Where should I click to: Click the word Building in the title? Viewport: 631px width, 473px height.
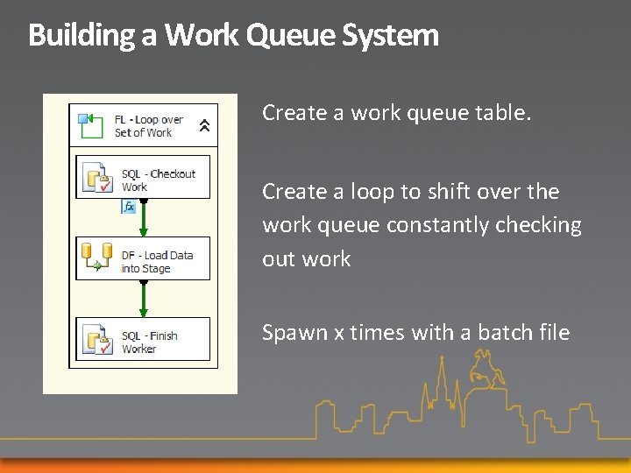pyautogui.click(x=82, y=36)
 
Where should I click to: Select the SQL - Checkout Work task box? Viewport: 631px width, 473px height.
pyautogui.click(x=143, y=178)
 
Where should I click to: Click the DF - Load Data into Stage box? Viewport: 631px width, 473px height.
pyautogui.click(x=143, y=259)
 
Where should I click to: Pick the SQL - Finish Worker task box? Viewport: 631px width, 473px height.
pyautogui.click(x=143, y=340)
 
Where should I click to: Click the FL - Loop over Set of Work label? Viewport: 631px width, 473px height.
pyautogui.click(x=148, y=126)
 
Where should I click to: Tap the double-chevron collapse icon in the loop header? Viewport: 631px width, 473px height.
pyautogui.click(x=204, y=126)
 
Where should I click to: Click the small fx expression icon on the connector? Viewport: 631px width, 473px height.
pyautogui.click(x=130, y=207)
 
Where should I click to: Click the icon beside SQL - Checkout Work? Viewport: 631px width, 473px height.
pyautogui.click(x=96, y=179)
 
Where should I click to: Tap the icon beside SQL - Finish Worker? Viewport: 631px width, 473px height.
pyautogui.click(x=96, y=339)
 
